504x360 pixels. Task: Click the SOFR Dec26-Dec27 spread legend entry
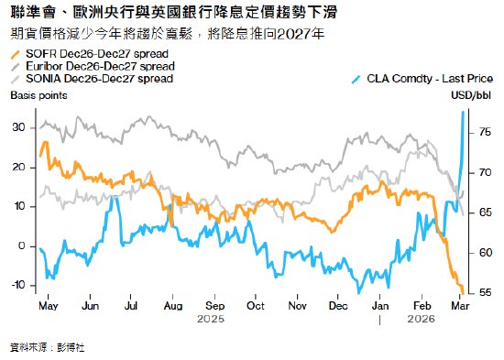tap(82, 57)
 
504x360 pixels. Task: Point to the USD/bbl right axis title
tap(476, 95)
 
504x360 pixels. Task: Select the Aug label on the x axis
tap(172, 306)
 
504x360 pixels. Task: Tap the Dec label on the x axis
tap(337, 306)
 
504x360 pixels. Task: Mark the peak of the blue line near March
tap(463, 112)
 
